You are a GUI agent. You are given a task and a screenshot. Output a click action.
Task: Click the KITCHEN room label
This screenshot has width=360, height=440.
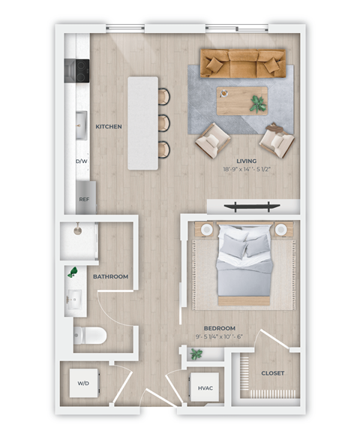tap(109, 127)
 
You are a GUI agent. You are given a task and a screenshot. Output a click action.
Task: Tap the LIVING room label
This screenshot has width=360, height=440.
tap(246, 161)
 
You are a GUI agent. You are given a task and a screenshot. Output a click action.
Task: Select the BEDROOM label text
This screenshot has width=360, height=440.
tap(220, 328)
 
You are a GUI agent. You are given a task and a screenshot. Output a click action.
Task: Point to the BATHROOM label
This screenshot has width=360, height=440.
tap(110, 276)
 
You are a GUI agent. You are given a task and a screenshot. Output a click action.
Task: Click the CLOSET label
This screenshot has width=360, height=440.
tap(272, 372)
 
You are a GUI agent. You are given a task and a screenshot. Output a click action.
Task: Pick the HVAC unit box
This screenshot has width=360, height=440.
tap(205, 388)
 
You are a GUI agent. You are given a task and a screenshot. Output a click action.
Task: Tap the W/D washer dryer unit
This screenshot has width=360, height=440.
tap(83, 384)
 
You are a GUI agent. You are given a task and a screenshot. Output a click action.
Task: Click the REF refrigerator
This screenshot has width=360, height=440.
tap(84, 199)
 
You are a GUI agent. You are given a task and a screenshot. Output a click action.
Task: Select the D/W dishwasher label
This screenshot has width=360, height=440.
tap(81, 161)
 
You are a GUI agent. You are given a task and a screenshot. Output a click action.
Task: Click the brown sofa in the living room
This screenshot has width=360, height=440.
tap(243, 63)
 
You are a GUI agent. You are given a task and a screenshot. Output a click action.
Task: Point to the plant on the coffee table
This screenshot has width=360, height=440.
tap(258, 102)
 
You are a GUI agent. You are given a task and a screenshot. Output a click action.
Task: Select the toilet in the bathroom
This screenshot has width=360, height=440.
tap(90, 335)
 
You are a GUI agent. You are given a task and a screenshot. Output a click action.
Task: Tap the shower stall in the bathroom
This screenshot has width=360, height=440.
tap(80, 240)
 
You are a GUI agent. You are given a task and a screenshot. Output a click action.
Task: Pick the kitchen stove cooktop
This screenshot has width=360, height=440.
tap(76, 70)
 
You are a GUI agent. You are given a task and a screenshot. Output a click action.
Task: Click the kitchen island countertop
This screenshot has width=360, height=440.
tap(144, 122)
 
